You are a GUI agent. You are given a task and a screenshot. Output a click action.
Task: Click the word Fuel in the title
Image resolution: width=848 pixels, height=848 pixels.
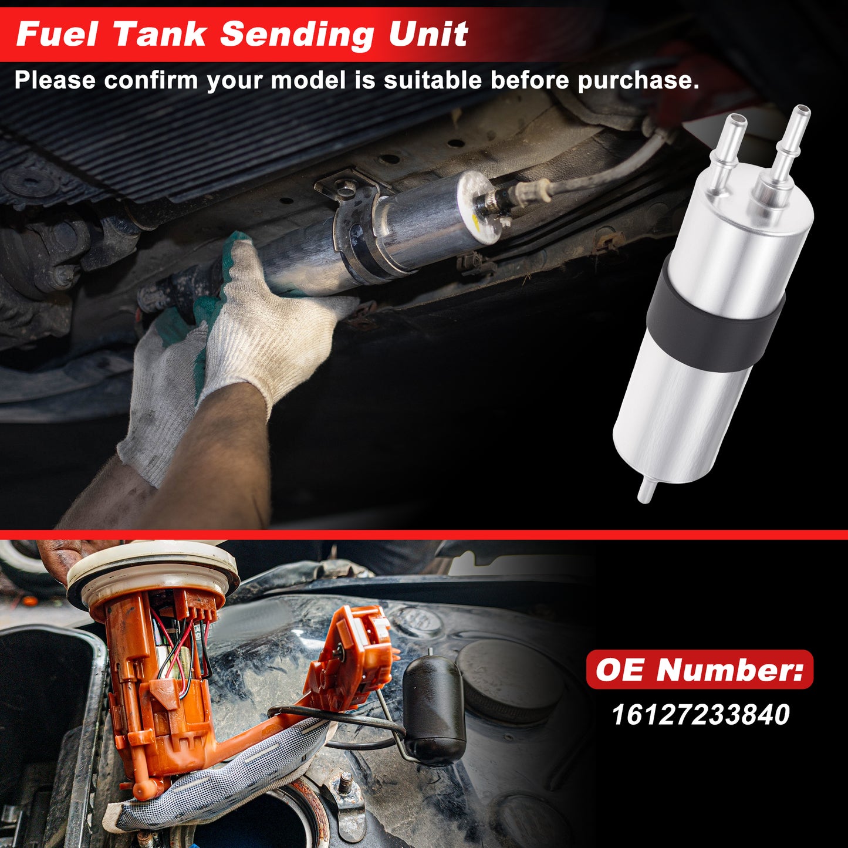(x=57, y=34)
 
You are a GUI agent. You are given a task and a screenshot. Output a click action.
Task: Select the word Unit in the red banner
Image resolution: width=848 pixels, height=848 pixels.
(x=428, y=34)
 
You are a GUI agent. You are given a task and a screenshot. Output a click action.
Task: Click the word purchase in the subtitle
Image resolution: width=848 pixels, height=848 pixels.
(x=638, y=81)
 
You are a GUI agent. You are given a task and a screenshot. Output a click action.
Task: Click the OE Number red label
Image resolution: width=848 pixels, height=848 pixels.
(x=700, y=670)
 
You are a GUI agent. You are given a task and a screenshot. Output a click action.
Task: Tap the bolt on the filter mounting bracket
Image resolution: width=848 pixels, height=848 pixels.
(x=346, y=188)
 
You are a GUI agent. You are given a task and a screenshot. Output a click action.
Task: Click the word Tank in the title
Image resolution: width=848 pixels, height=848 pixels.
(x=160, y=34)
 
